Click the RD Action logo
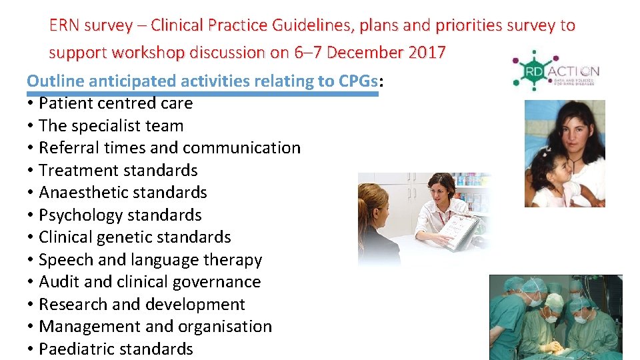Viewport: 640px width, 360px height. [x=555, y=71]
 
